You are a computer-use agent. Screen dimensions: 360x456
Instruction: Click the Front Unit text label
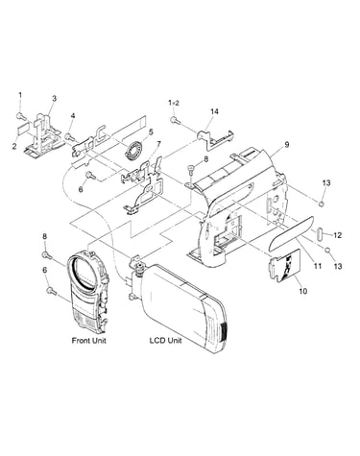[88, 340]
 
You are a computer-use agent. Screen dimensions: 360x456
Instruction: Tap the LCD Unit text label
[165, 340]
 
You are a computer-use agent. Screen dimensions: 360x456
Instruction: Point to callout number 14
[214, 111]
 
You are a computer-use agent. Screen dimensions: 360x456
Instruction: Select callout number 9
[287, 145]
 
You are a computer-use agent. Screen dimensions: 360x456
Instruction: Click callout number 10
[302, 291]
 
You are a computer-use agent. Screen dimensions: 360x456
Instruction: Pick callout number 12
[338, 235]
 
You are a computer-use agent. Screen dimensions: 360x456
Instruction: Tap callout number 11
[318, 265]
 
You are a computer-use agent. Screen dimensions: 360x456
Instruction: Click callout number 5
[151, 132]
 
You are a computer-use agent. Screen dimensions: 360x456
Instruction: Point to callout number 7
[159, 143]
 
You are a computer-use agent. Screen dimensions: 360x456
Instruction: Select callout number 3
[54, 98]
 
